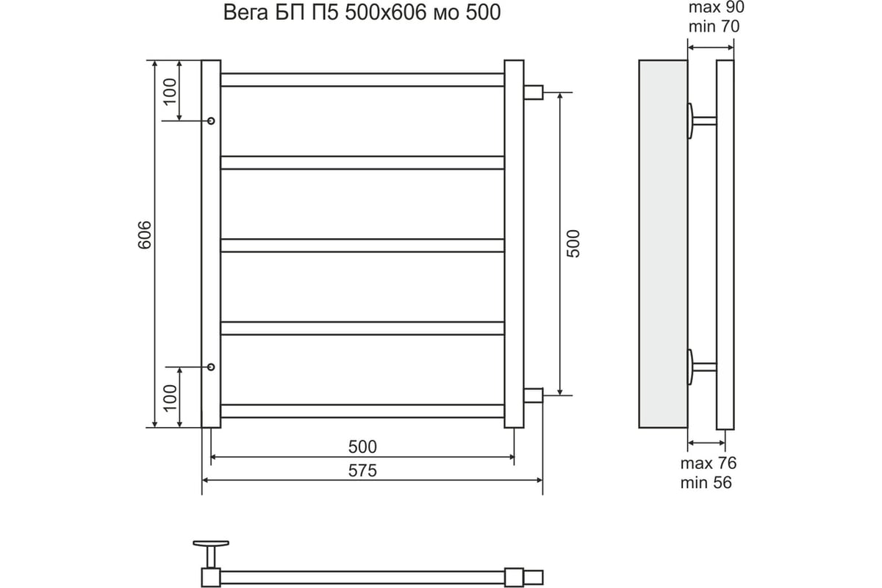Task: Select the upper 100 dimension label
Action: coord(170,91)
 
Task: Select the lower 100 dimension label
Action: coord(170,397)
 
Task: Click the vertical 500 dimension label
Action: coord(574,243)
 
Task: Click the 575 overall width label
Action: coord(362,470)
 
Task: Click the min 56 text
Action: coord(706,482)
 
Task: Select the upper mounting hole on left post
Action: coord(211,121)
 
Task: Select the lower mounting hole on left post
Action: coord(211,367)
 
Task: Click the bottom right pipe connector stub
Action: coord(533,396)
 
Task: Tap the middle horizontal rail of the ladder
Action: coord(362,245)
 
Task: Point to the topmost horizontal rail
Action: coord(362,79)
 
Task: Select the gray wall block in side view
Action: coord(662,243)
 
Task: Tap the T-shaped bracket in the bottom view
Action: coord(212,548)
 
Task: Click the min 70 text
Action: coord(713,27)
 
